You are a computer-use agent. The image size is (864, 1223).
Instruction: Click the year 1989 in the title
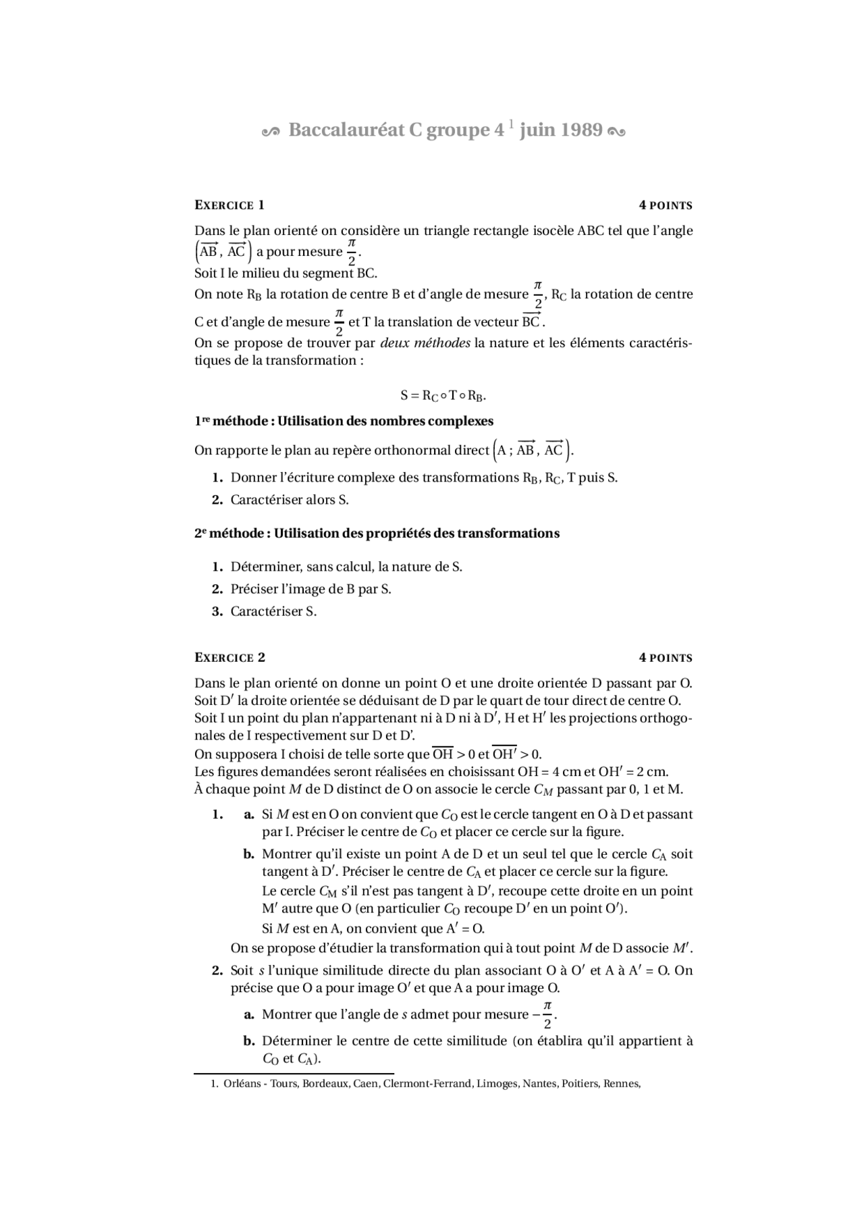pyautogui.click(x=580, y=130)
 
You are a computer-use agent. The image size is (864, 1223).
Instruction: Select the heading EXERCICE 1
pyautogui.click(x=230, y=205)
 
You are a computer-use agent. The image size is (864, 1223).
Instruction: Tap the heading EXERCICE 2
pyautogui.click(x=230, y=658)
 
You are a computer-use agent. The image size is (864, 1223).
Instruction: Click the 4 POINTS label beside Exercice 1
pyautogui.click(x=666, y=205)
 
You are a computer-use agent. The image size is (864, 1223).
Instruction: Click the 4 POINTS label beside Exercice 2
pyautogui.click(x=666, y=658)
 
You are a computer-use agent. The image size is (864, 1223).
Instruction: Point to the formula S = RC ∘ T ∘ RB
pyautogui.click(x=443, y=395)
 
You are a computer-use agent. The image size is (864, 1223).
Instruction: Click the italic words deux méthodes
pyautogui.click(x=425, y=343)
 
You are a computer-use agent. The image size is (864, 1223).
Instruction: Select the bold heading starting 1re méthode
pyautogui.click(x=344, y=421)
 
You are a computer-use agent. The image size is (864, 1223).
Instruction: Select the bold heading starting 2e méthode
pyautogui.click(x=377, y=534)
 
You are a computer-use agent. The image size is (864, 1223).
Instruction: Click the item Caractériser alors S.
pyautogui.click(x=290, y=500)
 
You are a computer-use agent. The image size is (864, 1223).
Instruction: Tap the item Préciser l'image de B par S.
pyautogui.click(x=310, y=589)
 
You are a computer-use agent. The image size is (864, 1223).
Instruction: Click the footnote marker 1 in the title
pyautogui.click(x=512, y=123)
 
